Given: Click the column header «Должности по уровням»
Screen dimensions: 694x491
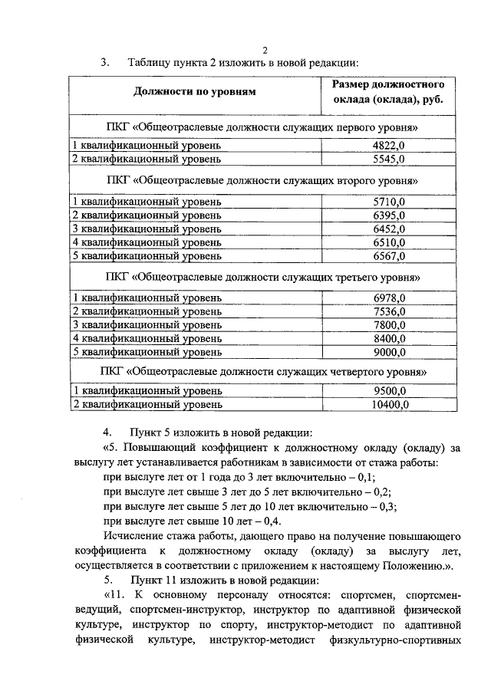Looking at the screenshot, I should pos(194,93).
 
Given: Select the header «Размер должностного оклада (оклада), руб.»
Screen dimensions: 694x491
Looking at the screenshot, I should pos(388,93).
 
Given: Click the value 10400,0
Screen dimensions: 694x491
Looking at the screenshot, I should pos(390,403).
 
